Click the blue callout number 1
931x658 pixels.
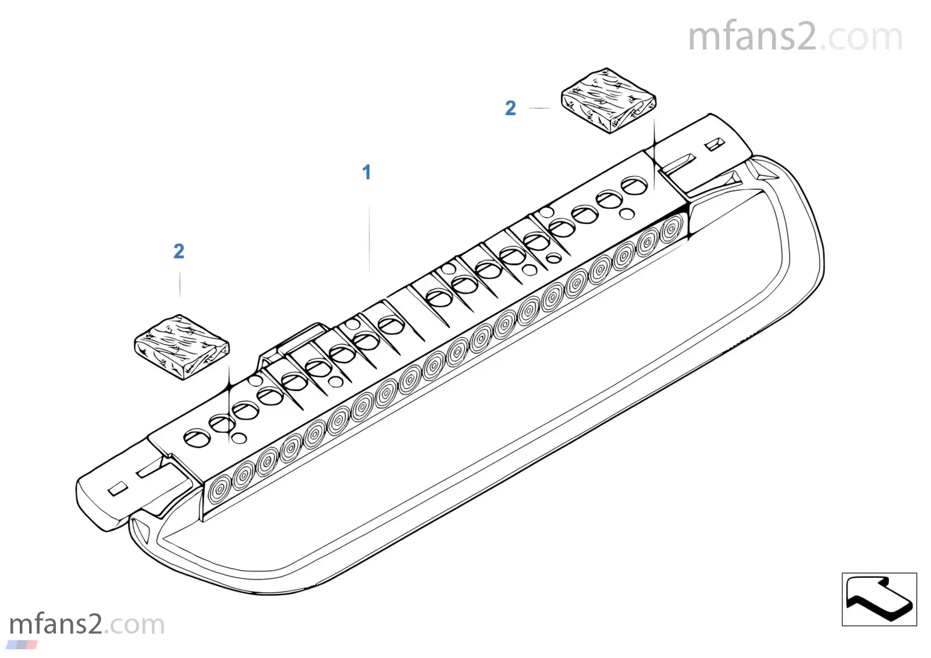[x=367, y=172]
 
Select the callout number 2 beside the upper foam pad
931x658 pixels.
[x=510, y=108]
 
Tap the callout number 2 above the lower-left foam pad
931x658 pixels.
[x=179, y=251]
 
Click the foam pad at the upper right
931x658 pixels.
[x=609, y=101]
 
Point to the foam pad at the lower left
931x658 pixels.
[x=182, y=347]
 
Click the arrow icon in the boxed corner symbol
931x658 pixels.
[x=880, y=599]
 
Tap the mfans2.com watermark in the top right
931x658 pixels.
[x=795, y=37]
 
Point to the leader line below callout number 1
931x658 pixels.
[x=369, y=239]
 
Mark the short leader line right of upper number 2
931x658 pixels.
[x=539, y=108]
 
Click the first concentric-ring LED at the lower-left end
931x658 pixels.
[x=219, y=490]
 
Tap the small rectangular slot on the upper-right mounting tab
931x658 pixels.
[x=715, y=144]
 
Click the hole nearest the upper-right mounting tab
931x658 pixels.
[x=634, y=186]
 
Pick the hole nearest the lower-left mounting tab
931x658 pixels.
[x=197, y=438]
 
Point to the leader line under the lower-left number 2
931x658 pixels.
[x=180, y=284]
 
